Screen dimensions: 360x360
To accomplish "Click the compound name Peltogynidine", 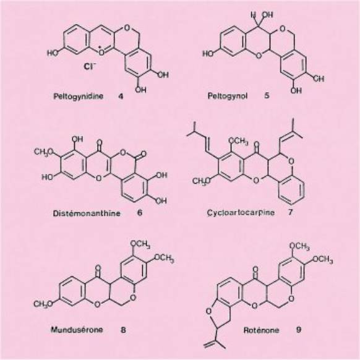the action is (79, 96).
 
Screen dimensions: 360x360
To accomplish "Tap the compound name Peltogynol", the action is (228, 96).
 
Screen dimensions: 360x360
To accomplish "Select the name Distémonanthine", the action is (87, 213).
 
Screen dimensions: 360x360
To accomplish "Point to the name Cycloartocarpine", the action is (241, 213).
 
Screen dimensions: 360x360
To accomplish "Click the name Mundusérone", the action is (77, 330).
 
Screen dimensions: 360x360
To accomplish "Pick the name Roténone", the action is (261, 330).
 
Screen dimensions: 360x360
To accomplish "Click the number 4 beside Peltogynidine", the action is (121, 96).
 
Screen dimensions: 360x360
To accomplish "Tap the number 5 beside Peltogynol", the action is (267, 95).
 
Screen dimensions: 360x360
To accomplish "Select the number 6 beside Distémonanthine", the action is (140, 213).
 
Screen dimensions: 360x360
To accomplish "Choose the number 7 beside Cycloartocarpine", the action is (291, 212).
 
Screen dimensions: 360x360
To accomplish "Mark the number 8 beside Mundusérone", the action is (123, 330).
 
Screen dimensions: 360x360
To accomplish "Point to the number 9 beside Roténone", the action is (298, 330).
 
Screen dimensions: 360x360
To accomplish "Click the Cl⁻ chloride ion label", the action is (90, 67).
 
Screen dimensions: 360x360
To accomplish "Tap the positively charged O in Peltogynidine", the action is (101, 53).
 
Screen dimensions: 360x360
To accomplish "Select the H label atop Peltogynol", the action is (253, 15).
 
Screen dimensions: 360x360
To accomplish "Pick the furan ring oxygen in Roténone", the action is (208, 311).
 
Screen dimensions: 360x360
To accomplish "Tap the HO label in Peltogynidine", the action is (53, 53).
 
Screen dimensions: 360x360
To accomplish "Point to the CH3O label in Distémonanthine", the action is (43, 152).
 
